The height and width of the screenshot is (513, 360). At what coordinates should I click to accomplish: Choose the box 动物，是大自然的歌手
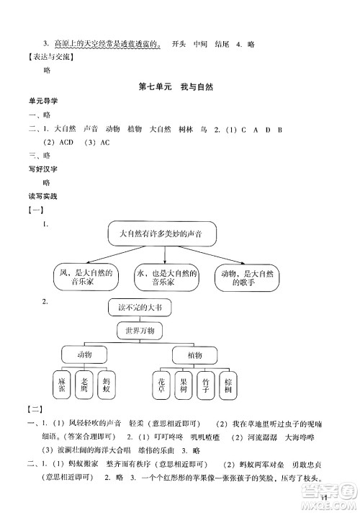click(x=244, y=278)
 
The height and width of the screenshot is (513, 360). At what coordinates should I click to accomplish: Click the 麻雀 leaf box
click(x=63, y=387)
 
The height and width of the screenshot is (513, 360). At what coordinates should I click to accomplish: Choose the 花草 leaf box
click(x=162, y=387)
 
